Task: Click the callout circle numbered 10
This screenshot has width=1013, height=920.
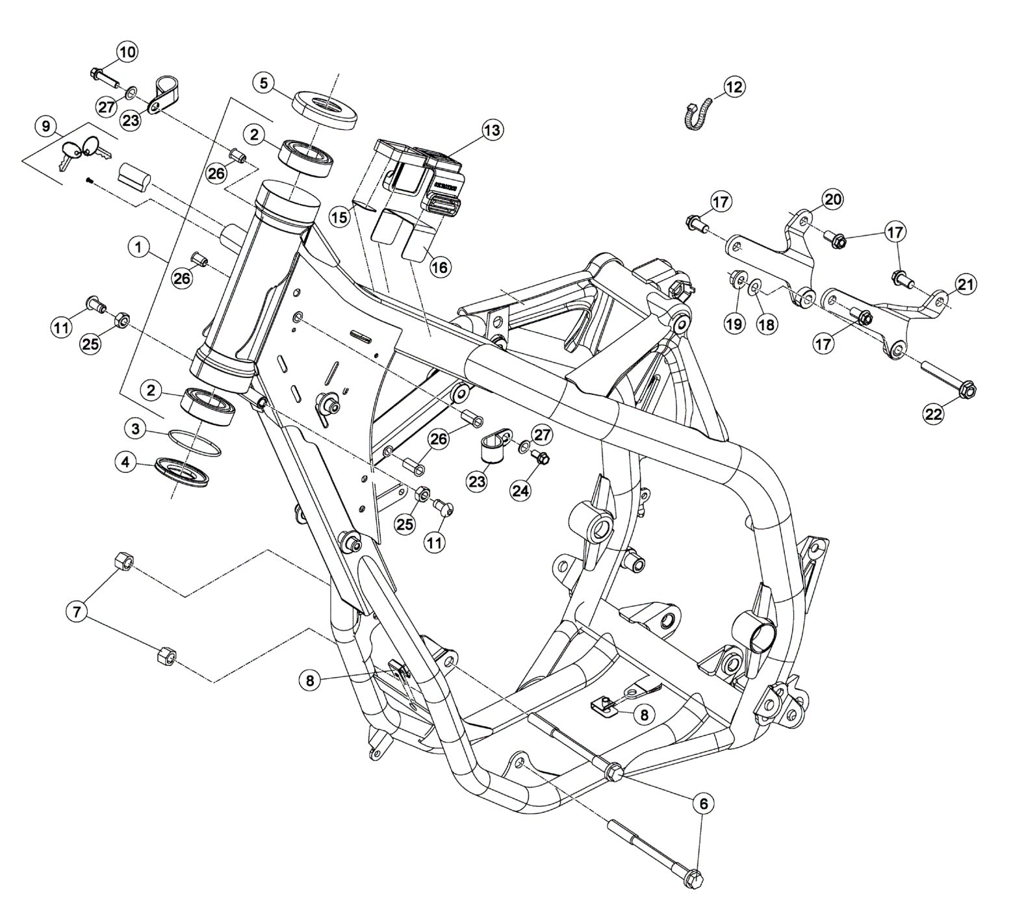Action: (127, 51)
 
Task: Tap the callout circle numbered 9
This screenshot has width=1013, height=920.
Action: (45, 126)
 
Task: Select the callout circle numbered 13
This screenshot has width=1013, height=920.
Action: (492, 131)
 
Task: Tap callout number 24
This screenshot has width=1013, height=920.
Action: (520, 491)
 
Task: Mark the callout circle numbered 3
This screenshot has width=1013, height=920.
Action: (135, 429)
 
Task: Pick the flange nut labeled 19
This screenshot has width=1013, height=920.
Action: (737, 279)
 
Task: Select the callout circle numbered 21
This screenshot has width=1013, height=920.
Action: (966, 285)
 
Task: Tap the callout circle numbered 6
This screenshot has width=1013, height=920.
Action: (703, 803)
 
